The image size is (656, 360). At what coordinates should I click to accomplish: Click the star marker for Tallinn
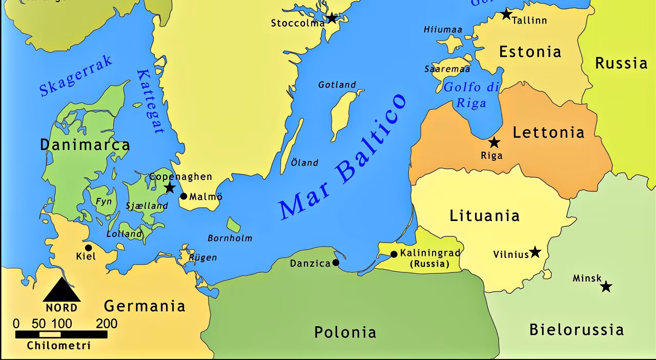pyautogui.click(x=506, y=14)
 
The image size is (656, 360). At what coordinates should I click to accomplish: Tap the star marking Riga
pyautogui.click(x=494, y=142)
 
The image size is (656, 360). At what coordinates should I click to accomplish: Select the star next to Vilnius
pyautogui.click(x=535, y=252)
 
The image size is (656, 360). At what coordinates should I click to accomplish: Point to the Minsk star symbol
pyautogui.click(x=606, y=286)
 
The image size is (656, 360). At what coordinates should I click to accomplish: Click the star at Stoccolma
pyautogui.click(x=332, y=18)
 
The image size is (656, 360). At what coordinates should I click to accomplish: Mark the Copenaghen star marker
pyautogui.click(x=170, y=188)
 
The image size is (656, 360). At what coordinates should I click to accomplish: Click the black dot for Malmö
pyautogui.click(x=183, y=196)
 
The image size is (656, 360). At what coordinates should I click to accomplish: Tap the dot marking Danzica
pyautogui.click(x=336, y=263)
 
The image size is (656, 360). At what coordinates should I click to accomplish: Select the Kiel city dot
pyautogui.click(x=88, y=248)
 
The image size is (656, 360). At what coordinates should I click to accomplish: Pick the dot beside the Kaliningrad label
pyautogui.click(x=394, y=254)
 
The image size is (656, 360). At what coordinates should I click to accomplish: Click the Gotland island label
pyautogui.click(x=337, y=85)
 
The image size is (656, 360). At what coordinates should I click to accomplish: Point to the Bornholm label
pyautogui.click(x=230, y=238)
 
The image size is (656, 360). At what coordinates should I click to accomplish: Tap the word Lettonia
pyautogui.click(x=548, y=133)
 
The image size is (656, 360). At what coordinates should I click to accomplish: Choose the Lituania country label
pyautogui.click(x=484, y=216)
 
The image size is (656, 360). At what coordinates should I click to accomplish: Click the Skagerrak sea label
pyautogui.click(x=76, y=76)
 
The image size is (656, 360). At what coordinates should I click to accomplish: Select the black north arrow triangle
pyautogui.click(x=61, y=291)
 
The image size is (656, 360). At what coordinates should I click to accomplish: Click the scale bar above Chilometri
pyautogui.click(x=61, y=334)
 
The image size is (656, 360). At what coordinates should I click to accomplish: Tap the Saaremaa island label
pyautogui.click(x=447, y=69)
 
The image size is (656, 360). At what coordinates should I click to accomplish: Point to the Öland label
pyautogui.click(x=304, y=163)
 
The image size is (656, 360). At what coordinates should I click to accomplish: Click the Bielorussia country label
pyautogui.click(x=577, y=329)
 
